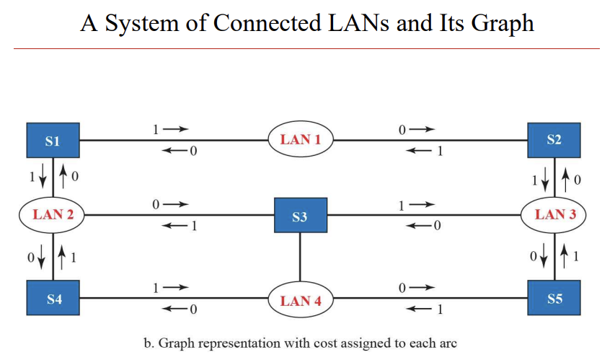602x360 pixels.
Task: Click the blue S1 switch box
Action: [53, 141]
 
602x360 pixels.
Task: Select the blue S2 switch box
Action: [554, 140]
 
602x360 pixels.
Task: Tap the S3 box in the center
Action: [300, 216]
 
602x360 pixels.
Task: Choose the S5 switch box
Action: [554, 298]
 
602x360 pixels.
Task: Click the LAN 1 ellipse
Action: [301, 140]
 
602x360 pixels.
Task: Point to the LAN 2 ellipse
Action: [53, 215]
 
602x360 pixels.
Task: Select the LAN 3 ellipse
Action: [554, 215]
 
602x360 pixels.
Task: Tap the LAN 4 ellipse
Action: [301, 301]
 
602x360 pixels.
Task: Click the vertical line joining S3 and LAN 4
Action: [300, 258]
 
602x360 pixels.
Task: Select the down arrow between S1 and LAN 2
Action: [43, 176]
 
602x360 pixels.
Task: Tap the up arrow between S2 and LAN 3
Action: [566, 176]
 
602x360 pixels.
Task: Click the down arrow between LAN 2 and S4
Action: [43, 255]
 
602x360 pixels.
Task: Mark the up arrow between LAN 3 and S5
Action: [566, 255]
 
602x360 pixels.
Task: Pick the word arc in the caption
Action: [448, 343]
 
